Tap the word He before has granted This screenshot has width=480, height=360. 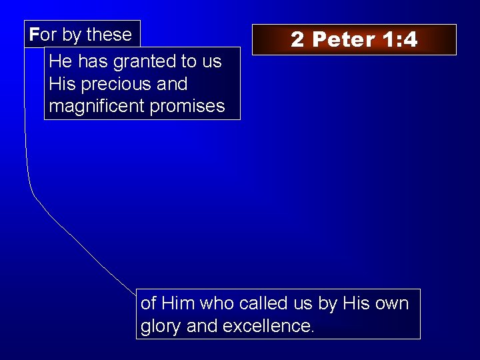click(x=61, y=62)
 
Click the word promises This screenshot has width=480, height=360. click(x=188, y=106)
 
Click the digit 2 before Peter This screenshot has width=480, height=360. click(x=297, y=40)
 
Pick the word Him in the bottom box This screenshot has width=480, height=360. click(x=178, y=303)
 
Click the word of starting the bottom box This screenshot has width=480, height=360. click(x=149, y=303)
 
